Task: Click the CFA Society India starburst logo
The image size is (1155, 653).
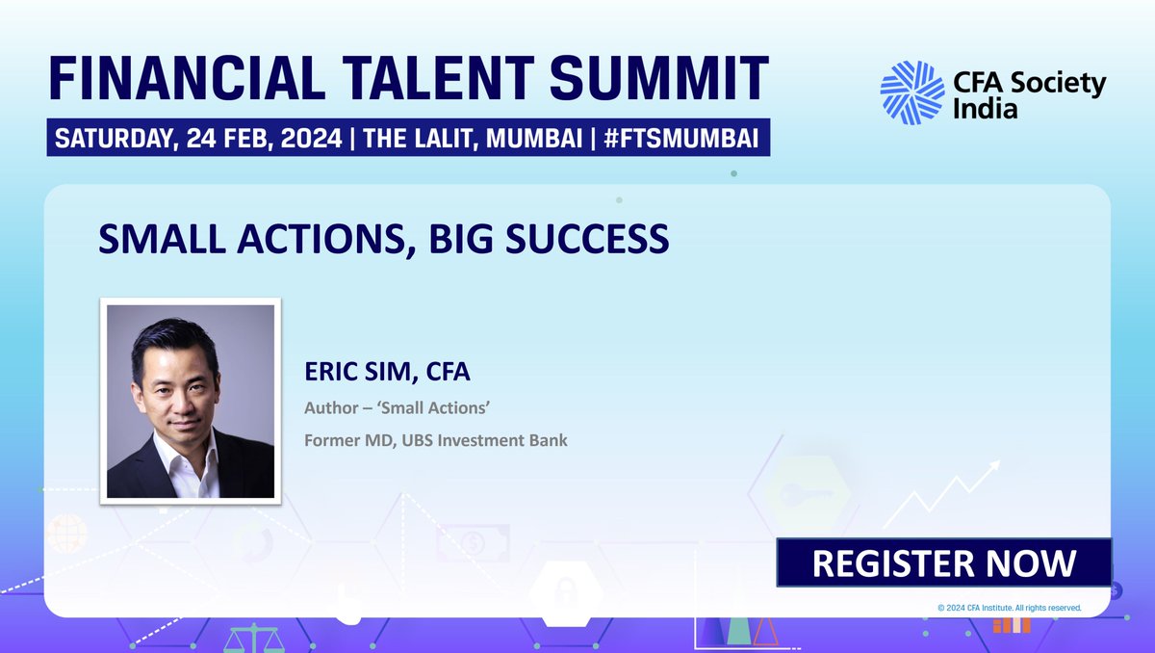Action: point(911,93)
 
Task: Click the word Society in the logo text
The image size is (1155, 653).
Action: point(1055,84)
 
